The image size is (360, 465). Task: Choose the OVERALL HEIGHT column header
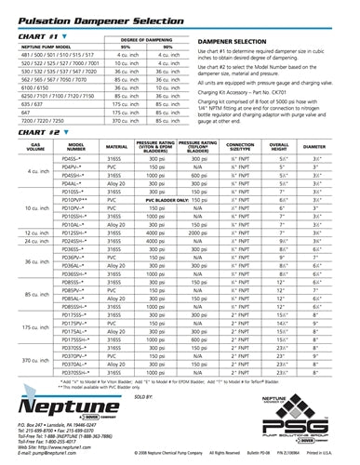pos(280,146)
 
